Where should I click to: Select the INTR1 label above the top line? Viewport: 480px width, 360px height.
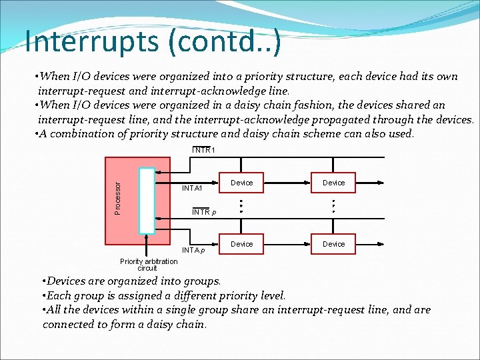pyautogui.click(x=203, y=150)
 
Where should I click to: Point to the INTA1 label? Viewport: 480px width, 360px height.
pyautogui.click(x=192, y=188)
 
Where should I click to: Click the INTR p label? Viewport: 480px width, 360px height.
pyautogui.click(x=203, y=212)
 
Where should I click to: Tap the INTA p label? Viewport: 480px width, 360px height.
pyautogui.click(x=193, y=250)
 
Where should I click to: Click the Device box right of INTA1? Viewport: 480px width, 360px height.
pyautogui.click(x=241, y=183)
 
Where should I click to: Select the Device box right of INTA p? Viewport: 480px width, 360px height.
pyautogui.click(x=241, y=244)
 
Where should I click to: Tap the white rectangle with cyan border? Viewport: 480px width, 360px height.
pyautogui.click(x=147, y=200)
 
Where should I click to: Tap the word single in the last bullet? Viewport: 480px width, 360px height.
pyautogui.click(x=195, y=310)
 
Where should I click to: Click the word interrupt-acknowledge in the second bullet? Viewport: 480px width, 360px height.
pyautogui.click(x=251, y=120)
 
